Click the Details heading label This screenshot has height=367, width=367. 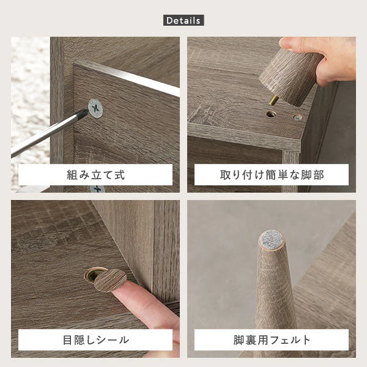click(x=183, y=20)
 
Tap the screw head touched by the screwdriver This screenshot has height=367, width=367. click(x=95, y=108)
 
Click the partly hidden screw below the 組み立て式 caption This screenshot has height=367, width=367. click(x=97, y=188)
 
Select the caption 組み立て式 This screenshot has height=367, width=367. click(x=96, y=175)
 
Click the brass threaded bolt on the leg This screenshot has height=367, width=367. click(x=273, y=100)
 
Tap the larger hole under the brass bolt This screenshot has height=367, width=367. click(x=271, y=114)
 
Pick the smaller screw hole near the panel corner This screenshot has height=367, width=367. click(x=297, y=117)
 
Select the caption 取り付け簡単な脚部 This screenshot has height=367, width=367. click(x=272, y=175)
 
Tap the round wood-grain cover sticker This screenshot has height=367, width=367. click(x=110, y=280)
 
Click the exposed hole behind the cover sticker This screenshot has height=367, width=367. click(x=92, y=274)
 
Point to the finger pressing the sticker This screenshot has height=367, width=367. click(x=145, y=304)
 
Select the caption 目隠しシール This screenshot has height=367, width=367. click(x=96, y=340)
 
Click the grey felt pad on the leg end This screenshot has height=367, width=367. click(x=272, y=240)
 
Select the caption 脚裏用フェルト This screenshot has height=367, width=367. click(x=272, y=340)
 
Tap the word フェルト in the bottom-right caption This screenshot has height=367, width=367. click(x=290, y=340)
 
